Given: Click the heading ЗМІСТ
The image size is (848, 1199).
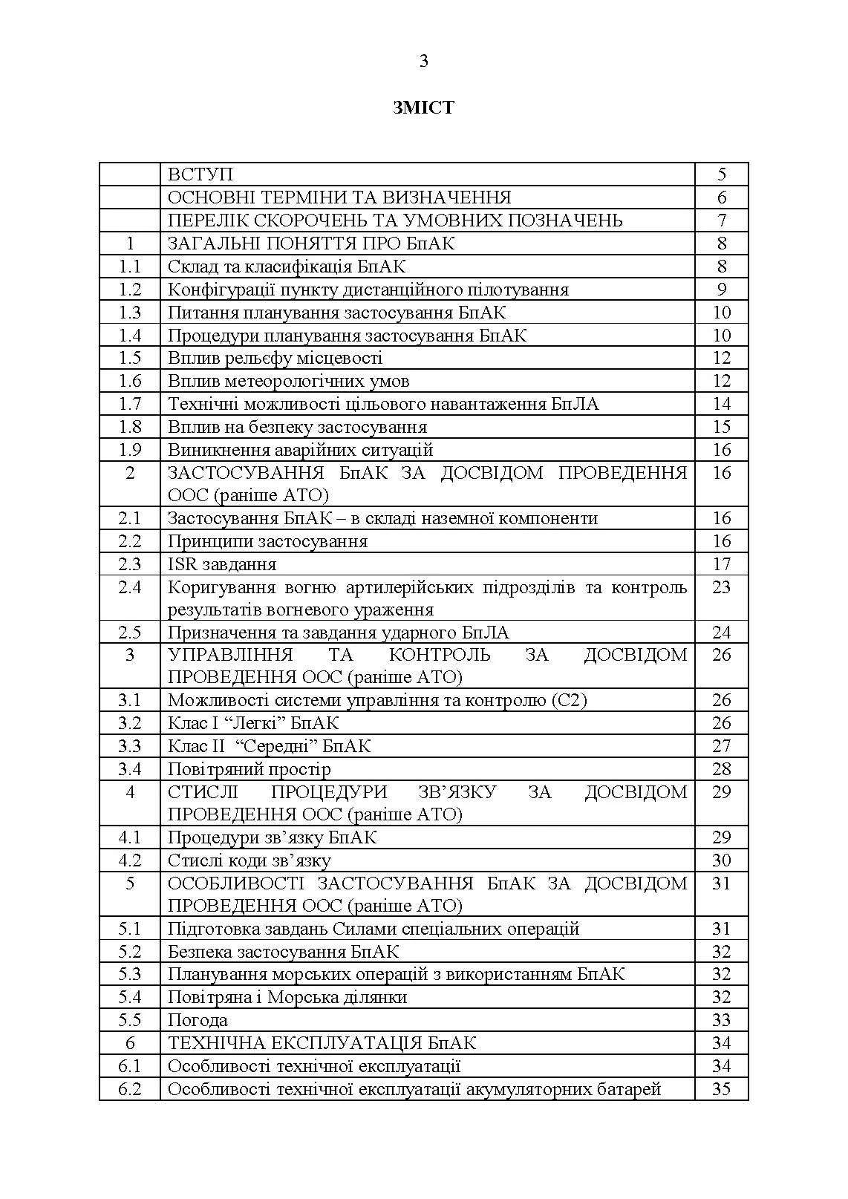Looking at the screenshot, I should [423, 108].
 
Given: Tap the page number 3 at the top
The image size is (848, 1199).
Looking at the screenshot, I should [424, 62].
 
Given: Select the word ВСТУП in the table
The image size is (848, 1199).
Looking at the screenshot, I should [200, 174].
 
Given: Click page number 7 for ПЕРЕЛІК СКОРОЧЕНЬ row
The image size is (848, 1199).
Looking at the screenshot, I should [722, 220].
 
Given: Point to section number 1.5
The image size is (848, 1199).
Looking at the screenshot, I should [130, 358].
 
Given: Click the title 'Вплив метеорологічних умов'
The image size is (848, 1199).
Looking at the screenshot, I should [288, 381].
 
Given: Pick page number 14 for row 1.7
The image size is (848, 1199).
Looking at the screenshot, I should [722, 404].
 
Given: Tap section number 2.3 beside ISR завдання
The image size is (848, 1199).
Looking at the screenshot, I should [130, 564].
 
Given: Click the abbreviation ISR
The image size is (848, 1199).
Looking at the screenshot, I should [183, 564].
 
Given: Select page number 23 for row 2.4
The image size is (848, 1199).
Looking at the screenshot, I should [722, 587].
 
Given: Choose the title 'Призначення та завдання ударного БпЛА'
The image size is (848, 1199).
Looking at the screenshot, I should [339, 633].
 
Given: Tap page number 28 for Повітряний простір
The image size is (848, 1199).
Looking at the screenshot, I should [722, 769].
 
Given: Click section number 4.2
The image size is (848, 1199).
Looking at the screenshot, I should [130, 860].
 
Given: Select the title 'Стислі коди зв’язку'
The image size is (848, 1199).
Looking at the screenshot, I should [249, 860].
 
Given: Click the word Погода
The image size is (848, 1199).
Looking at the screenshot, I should [198, 1020].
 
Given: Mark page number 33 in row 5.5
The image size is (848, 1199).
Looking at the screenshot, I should [722, 1020].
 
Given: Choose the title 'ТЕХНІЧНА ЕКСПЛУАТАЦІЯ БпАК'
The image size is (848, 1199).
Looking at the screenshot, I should [322, 1043].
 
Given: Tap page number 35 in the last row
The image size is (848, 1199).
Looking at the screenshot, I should [722, 1089].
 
